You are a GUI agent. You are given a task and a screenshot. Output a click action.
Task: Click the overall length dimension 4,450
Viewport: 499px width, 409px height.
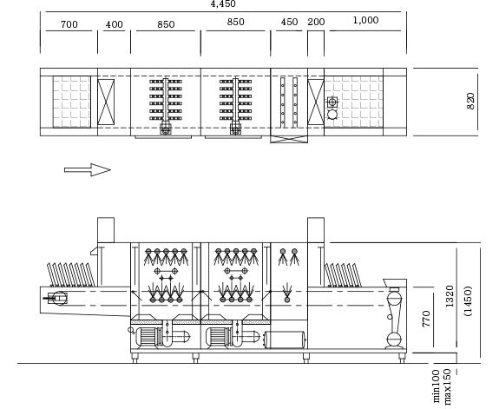coord(223,3)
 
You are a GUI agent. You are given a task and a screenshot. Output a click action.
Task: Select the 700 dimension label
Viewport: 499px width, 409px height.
coord(69,24)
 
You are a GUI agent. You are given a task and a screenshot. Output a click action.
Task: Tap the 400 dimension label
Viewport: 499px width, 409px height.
coord(115,24)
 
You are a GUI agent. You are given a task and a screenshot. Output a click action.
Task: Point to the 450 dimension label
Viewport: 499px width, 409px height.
coord(289,22)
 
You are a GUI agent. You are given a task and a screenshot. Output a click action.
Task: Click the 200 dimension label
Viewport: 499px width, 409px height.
coord(316,22)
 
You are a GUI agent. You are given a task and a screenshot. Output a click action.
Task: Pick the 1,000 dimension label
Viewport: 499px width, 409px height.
coord(365,20)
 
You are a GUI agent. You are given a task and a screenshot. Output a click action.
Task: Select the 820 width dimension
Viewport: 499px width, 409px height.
coord(470,101)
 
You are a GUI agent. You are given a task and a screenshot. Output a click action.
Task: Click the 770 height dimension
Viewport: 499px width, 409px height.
coord(426,319)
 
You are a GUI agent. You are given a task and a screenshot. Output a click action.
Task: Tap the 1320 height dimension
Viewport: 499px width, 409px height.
coord(449,296)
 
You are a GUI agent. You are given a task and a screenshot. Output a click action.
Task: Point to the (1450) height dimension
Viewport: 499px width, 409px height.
coord(468,301)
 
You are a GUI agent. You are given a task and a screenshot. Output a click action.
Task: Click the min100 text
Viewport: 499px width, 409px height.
coord(436,386)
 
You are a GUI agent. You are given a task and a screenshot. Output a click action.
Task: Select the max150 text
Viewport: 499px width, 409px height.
coord(446,386)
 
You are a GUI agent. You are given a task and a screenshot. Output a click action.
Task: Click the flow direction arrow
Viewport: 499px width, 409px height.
coord(88,170)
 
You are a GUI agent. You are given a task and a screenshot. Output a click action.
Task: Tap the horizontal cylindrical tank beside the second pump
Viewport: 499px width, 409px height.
coord(285,340)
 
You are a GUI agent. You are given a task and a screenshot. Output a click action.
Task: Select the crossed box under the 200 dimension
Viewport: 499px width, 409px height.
coord(316,102)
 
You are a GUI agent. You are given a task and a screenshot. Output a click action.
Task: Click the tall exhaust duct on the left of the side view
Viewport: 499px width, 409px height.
coord(106,230)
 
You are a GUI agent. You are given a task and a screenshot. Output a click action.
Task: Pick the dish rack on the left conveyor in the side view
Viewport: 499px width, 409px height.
coord(71,274)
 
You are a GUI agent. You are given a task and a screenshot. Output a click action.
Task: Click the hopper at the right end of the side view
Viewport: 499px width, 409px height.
coord(395,283)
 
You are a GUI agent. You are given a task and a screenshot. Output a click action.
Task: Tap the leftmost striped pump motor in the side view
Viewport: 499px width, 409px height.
coord(147,337)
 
